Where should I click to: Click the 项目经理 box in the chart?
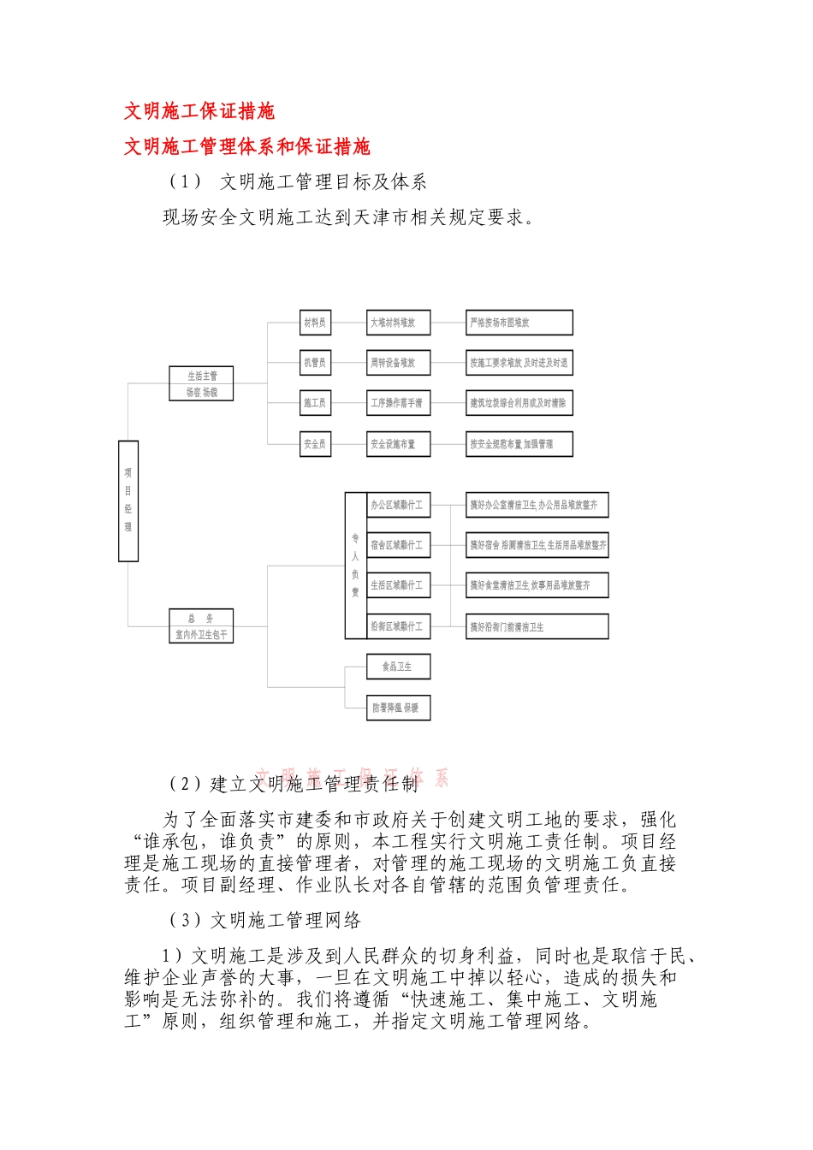coord(128,501)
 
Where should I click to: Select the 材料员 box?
coord(315,323)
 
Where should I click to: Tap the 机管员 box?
coord(315,363)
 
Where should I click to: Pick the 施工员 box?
coord(315,403)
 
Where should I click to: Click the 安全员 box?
coord(315,444)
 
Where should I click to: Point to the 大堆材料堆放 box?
coord(398,323)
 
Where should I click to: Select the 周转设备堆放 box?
coord(398,363)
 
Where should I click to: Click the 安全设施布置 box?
coord(398,444)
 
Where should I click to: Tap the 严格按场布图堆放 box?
coord(519,323)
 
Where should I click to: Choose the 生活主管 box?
coord(201,383)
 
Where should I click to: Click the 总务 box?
coord(201,626)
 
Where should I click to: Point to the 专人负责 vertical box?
coord(355,566)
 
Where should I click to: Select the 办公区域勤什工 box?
coord(399,505)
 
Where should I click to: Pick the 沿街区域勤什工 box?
coord(399,626)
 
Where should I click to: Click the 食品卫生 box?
coord(399,667)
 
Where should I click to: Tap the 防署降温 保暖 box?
coord(399,708)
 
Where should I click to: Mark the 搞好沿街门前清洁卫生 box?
coord(537,626)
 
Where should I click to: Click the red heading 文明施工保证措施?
coord(199,111)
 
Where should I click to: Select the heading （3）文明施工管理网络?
coord(265,921)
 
